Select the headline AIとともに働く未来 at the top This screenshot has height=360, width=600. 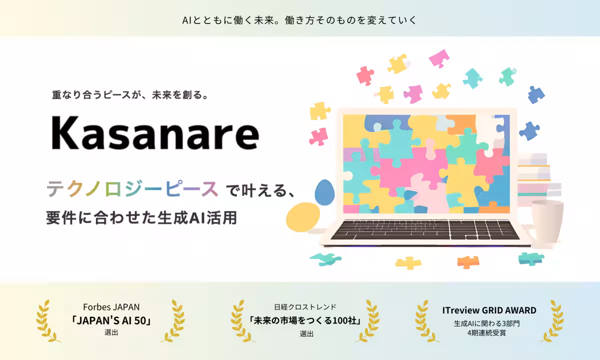click(299, 20)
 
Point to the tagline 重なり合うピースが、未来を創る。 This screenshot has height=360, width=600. click(130, 94)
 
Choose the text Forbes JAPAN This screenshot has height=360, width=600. click(111, 307)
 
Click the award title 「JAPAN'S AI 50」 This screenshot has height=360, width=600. click(111, 320)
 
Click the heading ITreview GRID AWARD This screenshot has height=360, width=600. click(489, 310)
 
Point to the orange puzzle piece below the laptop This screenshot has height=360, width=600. click(468, 261)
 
